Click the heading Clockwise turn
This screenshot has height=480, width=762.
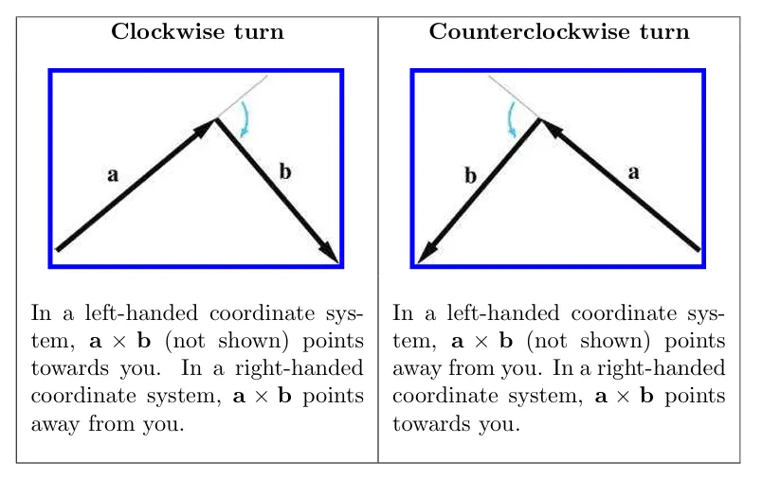(197, 32)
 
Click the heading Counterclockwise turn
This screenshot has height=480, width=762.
(559, 32)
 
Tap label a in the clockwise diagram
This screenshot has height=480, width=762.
(113, 175)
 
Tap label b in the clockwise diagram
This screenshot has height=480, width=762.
(285, 171)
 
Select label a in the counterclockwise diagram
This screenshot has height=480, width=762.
(634, 172)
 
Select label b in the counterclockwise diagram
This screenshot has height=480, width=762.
(470, 175)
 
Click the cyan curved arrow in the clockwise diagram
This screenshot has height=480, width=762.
(245, 120)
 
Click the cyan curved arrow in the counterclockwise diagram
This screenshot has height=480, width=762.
(512, 120)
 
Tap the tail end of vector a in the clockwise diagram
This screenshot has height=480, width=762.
(59, 250)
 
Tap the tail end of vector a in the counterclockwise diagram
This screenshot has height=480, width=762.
(698, 250)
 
